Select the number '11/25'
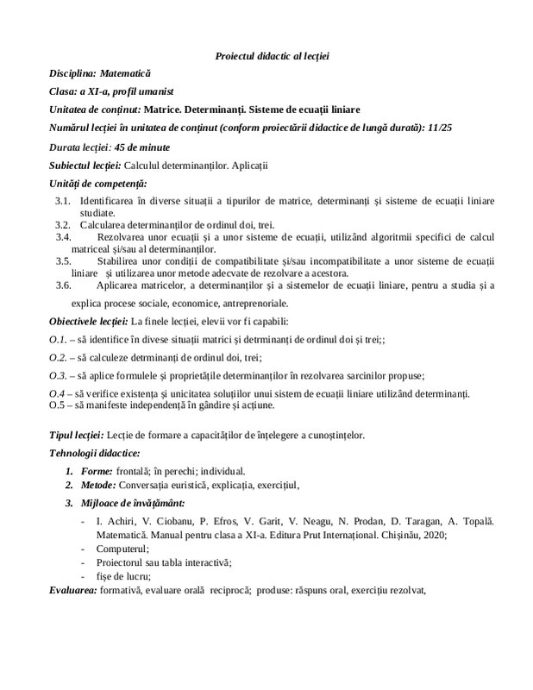tap(442, 129)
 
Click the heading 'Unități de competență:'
tap(98, 183)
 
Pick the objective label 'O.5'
tap(56, 404)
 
